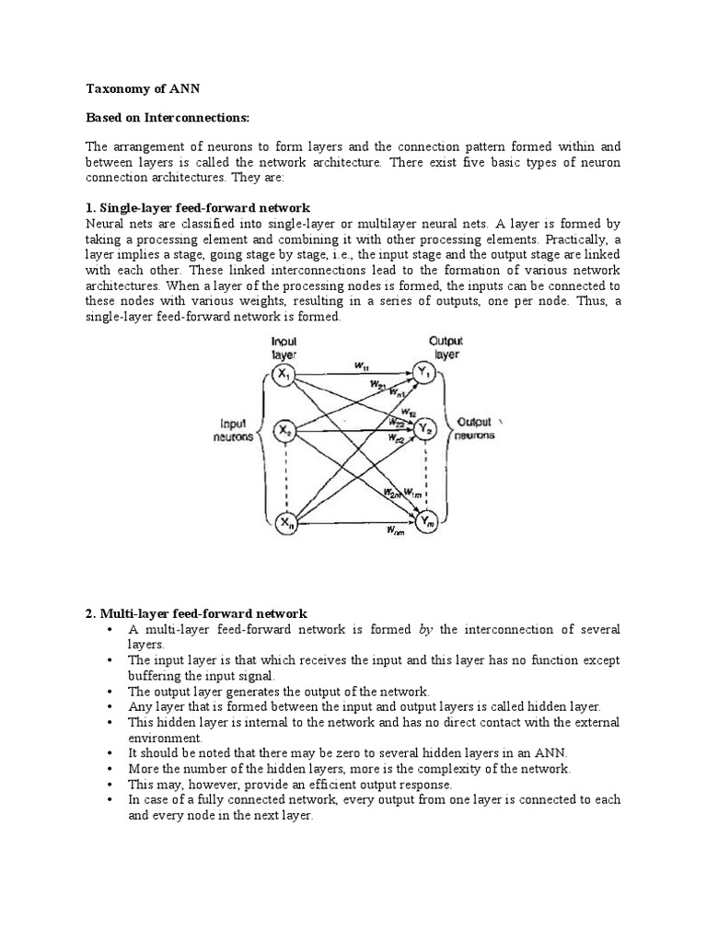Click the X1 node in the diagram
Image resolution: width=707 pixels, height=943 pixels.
click(284, 375)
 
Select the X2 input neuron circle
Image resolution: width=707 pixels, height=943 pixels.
click(284, 430)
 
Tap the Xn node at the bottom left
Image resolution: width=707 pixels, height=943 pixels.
click(285, 523)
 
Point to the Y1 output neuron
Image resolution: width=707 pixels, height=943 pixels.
click(424, 374)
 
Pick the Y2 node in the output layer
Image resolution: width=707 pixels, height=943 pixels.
click(424, 428)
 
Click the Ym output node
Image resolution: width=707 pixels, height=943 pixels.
click(424, 523)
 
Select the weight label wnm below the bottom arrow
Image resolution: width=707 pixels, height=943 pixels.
click(395, 530)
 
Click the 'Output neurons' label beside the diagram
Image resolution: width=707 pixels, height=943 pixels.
click(476, 428)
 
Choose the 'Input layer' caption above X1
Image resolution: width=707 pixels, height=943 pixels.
click(284, 347)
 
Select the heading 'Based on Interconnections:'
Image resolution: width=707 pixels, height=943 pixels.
click(168, 119)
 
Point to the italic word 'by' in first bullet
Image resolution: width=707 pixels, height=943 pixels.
click(425, 629)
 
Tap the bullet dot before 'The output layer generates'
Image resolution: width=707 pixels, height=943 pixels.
click(109, 692)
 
